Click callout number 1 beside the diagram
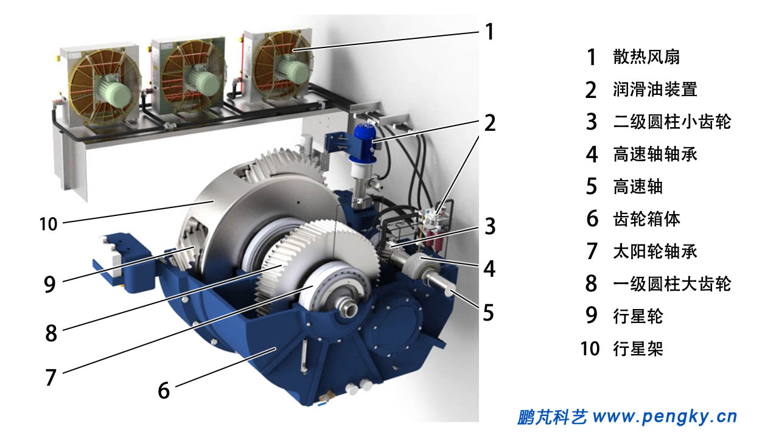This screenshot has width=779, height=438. [x=490, y=32]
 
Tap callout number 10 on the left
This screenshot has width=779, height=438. [x=48, y=224]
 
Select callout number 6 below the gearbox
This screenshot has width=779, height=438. [x=164, y=391]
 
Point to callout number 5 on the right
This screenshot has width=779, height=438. [x=489, y=313]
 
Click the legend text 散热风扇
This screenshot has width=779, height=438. [x=646, y=57]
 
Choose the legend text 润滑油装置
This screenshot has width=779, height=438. [x=655, y=89]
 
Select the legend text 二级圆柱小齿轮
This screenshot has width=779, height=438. [x=672, y=122]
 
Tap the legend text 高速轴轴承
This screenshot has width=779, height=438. [x=655, y=155]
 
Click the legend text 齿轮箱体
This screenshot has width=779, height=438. [x=646, y=219]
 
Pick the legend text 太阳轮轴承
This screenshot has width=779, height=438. [x=655, y=251]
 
